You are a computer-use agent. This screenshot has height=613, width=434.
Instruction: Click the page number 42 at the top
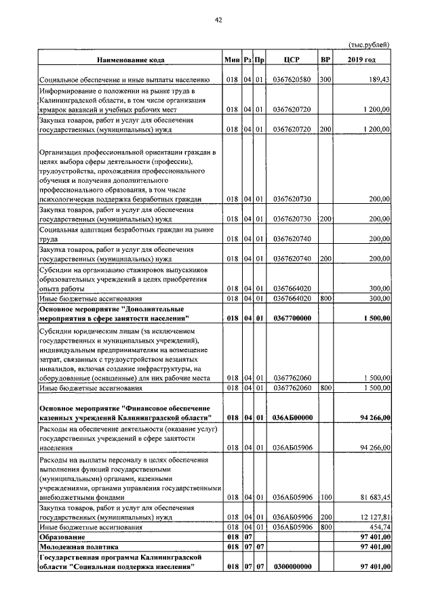pyautogui.click(x=218, y=20)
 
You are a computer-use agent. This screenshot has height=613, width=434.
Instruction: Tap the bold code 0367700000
pyautogui.click(x=292, y=318)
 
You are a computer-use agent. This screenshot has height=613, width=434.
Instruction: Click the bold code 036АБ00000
pyautogui.click(x=292, y=418)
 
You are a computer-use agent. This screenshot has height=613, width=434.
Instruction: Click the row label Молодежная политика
pyautogui.click(x=79, y=546)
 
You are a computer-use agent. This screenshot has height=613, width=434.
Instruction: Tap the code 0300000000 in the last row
pyautogui.click(x=292, y=566)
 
